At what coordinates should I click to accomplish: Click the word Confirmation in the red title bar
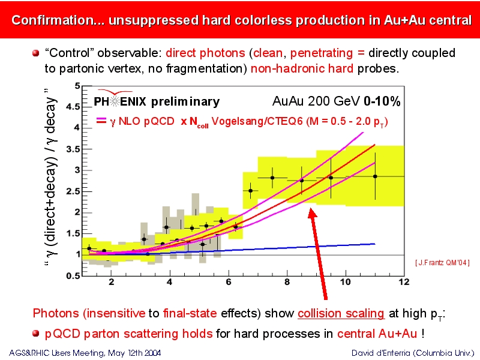pos(52,20)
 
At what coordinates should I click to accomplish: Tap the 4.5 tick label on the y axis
pos(73,107)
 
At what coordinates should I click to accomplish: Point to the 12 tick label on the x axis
pos(404,281)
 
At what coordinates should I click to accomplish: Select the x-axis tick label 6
pos(229,281)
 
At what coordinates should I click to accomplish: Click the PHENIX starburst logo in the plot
pos(115,101)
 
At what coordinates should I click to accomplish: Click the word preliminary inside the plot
pos(185,102)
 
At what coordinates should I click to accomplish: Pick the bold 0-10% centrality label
pos(382,101)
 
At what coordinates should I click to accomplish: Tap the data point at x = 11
pos(375,176)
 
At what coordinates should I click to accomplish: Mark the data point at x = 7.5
pos(272,178)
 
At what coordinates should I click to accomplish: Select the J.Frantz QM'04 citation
pos(442,263)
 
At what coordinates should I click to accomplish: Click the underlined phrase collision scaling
pos(341,313)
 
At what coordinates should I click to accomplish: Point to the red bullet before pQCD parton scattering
pos(36,333)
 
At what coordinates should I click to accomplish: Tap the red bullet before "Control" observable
pos(36,53)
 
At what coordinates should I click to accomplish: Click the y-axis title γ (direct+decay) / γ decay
pos(50,177)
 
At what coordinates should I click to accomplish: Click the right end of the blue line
pos(375,244)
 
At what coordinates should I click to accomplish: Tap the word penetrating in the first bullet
pos(322,53)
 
